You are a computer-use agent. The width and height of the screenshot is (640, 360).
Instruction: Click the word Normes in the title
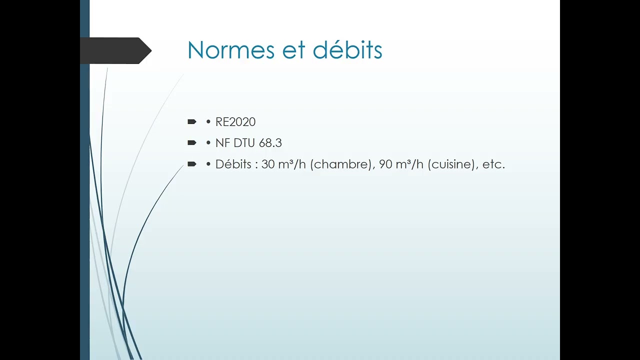click(231, 50)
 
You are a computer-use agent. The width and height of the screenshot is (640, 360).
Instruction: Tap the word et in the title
click(293, 51)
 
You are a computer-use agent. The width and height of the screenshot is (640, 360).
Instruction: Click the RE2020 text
click(235, 122)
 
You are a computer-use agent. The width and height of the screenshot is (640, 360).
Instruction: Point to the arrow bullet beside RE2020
click(192, 122)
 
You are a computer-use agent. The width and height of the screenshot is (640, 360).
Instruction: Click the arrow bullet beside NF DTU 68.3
click(192, 143)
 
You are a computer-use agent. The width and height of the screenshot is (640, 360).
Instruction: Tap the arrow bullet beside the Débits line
click(192, 164)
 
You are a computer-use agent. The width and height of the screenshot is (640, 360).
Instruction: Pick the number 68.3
click(270, 143)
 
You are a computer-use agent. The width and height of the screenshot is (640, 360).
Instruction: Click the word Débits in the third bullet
click(233, 164)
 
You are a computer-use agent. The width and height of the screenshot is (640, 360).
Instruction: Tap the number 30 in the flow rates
click(268, 164)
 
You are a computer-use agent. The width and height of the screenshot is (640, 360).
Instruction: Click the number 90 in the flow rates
click(385, 164)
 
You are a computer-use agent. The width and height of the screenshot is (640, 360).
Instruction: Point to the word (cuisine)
click(453, 164)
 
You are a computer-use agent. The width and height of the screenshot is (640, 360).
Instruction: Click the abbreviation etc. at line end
click(493, 165)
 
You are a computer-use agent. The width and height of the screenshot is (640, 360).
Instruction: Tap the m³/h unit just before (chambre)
click(292, 164)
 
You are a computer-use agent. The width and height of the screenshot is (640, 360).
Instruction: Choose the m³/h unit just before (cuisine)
click(409, 164)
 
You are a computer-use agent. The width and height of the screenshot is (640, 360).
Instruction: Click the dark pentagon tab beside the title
click(115, 50)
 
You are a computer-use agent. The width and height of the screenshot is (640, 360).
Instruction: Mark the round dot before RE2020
click(208, 122)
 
